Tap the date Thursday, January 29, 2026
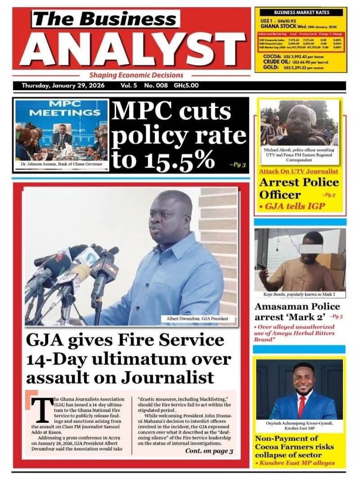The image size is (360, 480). tap(63, 85)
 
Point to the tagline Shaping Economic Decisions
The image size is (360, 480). tap(136, 75)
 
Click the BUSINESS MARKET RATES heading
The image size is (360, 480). tap(301, 13)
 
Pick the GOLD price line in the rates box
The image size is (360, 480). tap(299, 68)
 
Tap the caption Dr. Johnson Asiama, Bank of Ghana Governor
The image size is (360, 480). tap(62, 164)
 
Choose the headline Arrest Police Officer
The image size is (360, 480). tap(299, 189)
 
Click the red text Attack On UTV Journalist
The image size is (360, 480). tap(298, 171)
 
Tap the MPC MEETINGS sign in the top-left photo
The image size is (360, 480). tap(62, 107)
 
